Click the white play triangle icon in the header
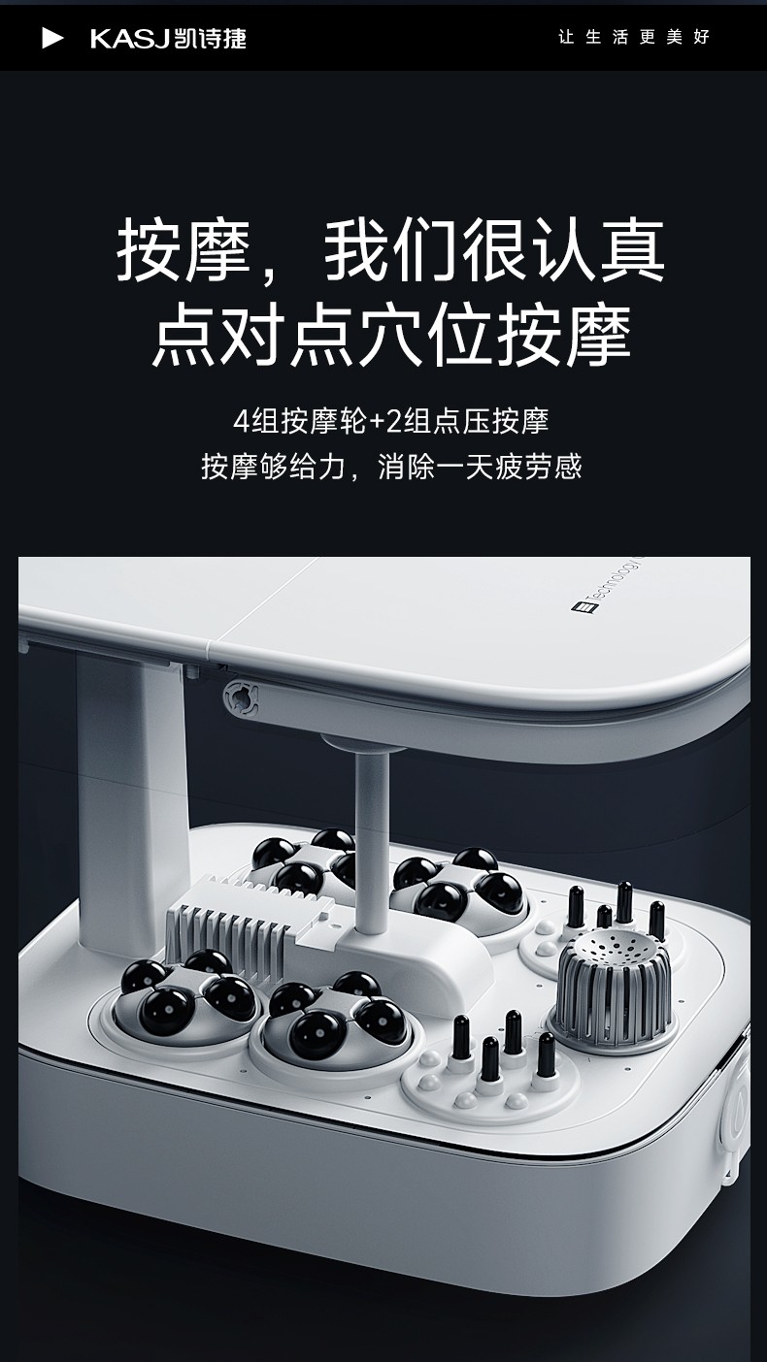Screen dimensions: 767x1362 click(x=51, y=38)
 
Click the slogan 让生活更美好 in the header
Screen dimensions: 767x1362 click(x=634, y=37)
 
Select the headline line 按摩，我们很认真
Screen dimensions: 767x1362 click(x=390, y=250)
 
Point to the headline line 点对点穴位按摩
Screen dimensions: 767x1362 click(x=391, y=335)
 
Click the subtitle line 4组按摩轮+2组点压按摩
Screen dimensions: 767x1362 click(x=391, y=421)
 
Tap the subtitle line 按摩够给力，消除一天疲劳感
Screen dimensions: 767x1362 click(x=391, y=467)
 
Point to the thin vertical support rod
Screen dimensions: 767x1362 click(x=371, y=840)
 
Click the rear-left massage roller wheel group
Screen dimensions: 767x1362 click(x=303, y=861)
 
